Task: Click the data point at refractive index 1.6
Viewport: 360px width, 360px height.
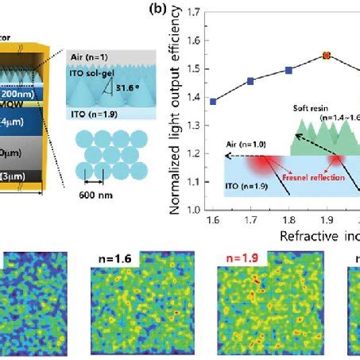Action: point(214,101)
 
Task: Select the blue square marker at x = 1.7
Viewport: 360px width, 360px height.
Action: point(250,81)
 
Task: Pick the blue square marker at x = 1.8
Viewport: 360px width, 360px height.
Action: point(288,70)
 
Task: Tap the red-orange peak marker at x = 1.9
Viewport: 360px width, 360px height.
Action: point(326,56)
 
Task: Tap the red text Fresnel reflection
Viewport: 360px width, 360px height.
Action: point(298,178)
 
